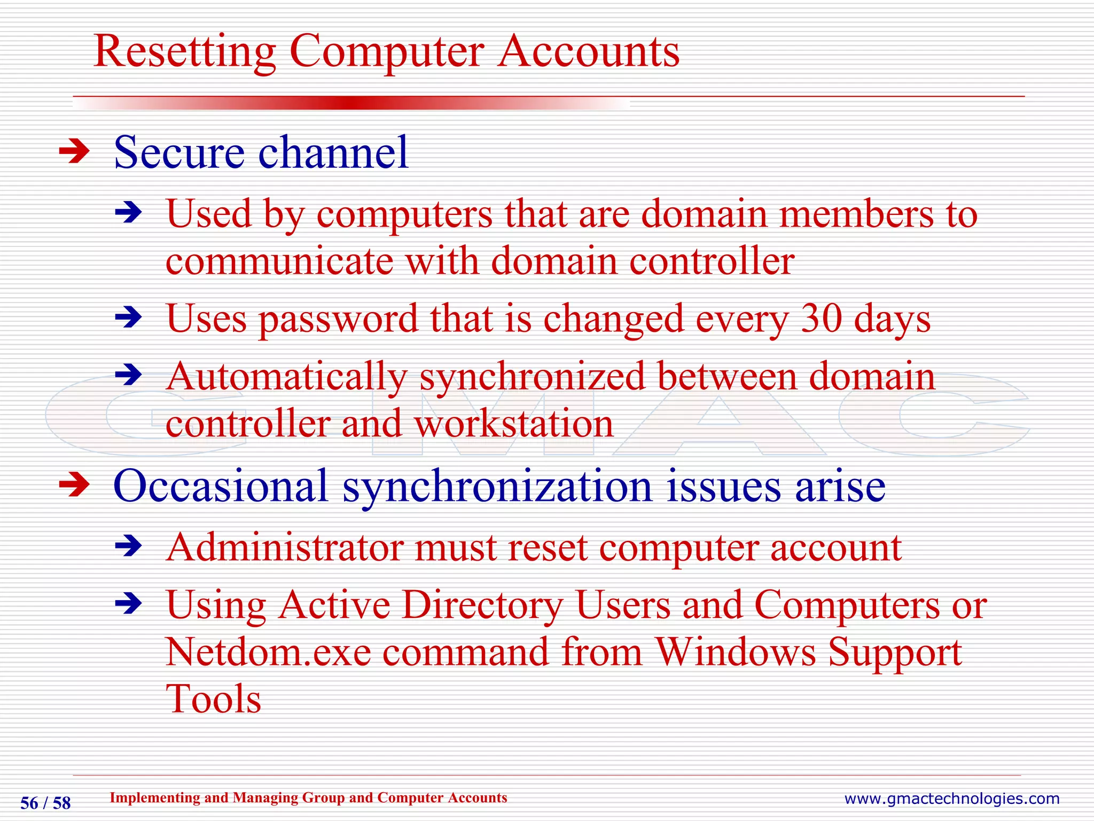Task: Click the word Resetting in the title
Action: coord(184,52)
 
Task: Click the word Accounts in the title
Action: coord(588,52)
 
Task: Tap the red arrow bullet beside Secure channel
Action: coord(74,152)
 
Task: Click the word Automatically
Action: coord(286,377)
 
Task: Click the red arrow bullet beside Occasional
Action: coord(74,485)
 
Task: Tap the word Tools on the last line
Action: coord(213,699)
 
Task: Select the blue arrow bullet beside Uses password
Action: coord(129,318)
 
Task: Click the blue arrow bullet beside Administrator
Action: coord(129,546)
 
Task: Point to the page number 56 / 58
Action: coord(45,803)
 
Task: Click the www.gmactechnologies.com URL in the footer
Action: coord(951,799)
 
